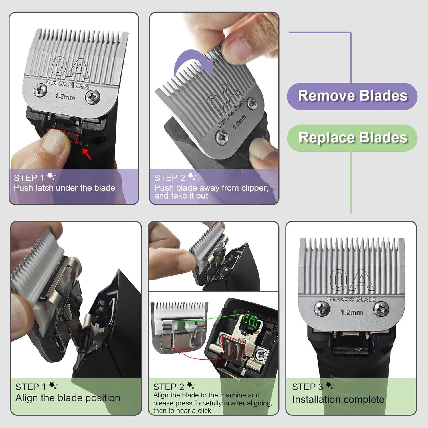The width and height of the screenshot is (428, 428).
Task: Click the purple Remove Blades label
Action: (352, 96)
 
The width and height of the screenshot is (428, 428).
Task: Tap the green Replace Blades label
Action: (352, 138)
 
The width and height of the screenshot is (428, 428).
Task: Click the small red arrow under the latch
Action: (87, 154)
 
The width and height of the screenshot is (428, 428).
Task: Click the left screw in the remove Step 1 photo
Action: (40, 90)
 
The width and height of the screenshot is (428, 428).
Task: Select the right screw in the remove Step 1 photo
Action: (93, 97)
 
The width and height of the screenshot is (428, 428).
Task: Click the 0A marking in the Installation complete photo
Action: (352, 280)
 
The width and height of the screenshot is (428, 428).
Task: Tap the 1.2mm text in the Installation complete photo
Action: (352, 312)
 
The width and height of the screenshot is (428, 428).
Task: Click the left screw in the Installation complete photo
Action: (322, 309)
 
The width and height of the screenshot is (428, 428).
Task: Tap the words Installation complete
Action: (338, 400)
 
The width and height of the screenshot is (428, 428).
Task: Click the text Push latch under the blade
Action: (64, 188)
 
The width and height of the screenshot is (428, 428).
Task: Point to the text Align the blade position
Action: (68, 398)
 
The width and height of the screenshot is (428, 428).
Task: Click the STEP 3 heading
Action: (308, 387)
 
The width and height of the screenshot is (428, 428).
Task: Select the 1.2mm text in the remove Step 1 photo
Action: (65, 97)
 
